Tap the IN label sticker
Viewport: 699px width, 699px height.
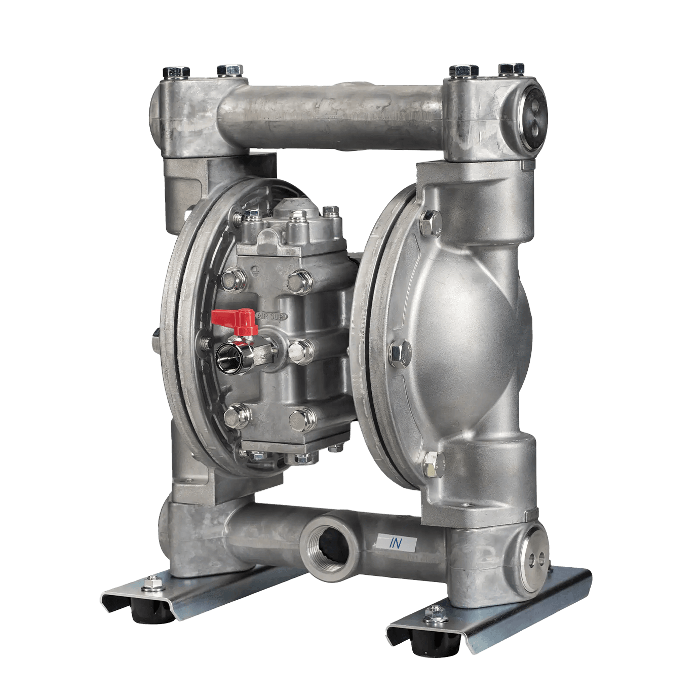click(396, 543)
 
